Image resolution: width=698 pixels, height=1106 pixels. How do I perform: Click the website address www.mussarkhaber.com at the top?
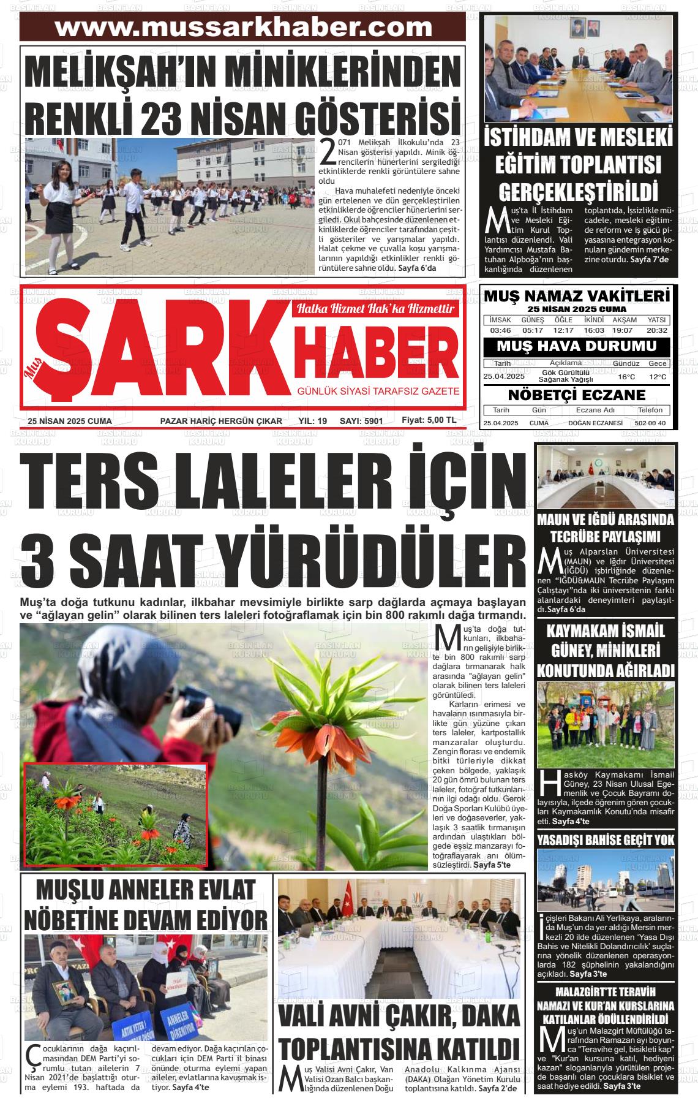(x=243, y=28)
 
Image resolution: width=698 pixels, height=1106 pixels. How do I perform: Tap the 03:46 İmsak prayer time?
(x=500, y=330)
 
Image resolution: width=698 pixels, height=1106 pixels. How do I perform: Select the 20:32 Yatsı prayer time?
(x=656, y=330)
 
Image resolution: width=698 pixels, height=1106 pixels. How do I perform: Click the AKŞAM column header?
(x=625, y=320)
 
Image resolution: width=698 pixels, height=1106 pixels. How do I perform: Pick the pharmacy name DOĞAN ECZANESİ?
(x=595, y=423)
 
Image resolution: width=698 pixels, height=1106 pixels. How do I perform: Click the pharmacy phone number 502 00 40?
(x=650, y=423)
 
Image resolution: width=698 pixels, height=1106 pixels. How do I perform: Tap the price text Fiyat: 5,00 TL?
(x=429, y=420)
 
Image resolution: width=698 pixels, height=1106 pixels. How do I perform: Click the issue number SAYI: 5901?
(x=361, y=421)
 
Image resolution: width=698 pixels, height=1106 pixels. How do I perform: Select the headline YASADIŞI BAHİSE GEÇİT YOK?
(x=606, y=839)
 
